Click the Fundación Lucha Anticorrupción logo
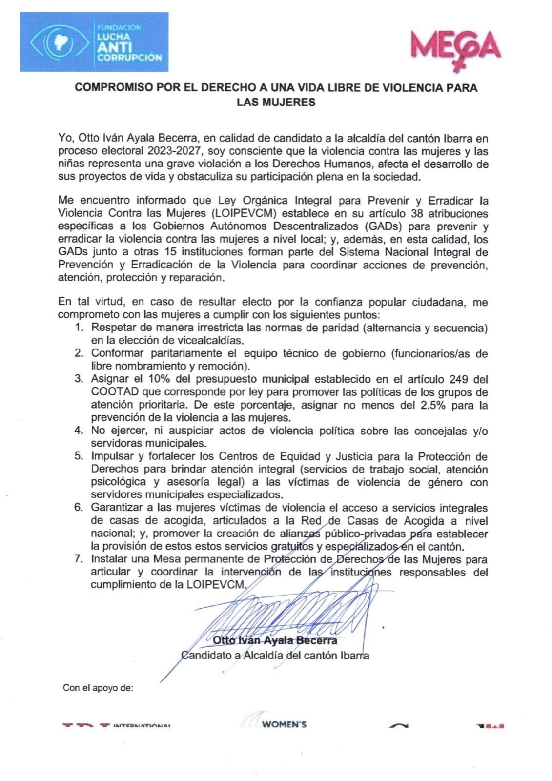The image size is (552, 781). (94, 43)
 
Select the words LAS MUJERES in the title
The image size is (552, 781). (276, 103)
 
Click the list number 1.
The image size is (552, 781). (79, 328)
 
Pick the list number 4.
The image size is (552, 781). (79, 431)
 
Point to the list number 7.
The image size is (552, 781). (79, 559)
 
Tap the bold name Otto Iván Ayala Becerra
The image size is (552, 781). (275, 640)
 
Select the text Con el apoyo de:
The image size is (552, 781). (98, 688)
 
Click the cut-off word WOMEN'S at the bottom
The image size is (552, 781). (284, 724)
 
